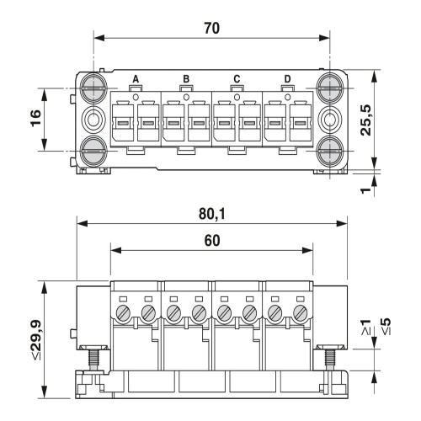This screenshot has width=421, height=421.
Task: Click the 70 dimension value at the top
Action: pyautogui.click(x=212, y=29)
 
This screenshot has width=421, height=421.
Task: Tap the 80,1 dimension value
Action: pyautogui.click(x=212, y=214)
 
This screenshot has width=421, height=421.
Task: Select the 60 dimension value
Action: pyautogui.click(x=212, y=241)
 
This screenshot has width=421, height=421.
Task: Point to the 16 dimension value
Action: pyautogui.click(x=36, y=118)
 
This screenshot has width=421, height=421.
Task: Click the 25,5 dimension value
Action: pyautogui.click(x=365, y=120)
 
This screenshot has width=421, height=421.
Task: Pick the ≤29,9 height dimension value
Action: pyautogui.click(x=36, y=339)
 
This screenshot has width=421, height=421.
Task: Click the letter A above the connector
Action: pyautogui.click(x=136, y=79)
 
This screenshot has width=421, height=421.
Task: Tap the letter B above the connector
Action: pyautogui.click(x=186, y=79)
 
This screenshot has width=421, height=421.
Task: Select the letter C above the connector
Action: pyautogui.click(x=237, y=79)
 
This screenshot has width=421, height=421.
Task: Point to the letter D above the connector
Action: pyautogui.click(x=287, y=79)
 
